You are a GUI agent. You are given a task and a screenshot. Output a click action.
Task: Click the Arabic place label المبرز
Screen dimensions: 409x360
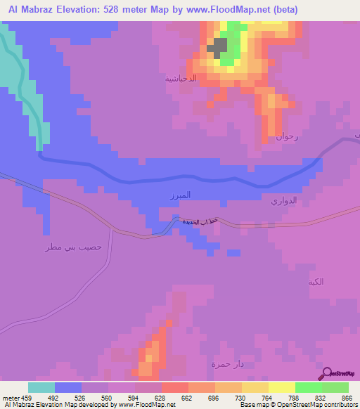tap(181, 195)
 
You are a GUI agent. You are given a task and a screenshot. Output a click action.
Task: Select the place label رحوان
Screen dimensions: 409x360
tap(287, 137)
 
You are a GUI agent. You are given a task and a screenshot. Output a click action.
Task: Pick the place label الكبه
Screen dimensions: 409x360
tap(316, 282)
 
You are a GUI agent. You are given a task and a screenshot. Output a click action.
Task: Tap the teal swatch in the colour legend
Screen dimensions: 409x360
tap(41, 387)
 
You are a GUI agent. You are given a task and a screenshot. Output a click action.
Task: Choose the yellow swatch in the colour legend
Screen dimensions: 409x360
tap(281, 387)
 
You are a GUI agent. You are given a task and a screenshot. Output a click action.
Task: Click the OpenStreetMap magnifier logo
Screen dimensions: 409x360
tap(326, 373)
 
